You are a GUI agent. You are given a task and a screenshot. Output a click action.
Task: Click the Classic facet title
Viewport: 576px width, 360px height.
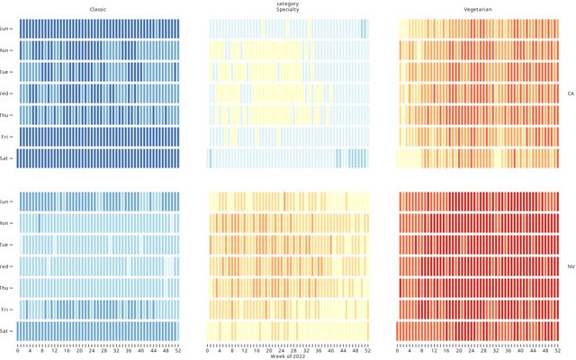97,9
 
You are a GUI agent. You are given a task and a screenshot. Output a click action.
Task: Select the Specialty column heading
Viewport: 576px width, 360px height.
288,9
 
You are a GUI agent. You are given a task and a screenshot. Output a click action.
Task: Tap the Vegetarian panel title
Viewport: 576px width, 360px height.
478,9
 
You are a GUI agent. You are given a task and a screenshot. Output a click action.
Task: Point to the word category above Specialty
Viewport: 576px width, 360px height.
288,4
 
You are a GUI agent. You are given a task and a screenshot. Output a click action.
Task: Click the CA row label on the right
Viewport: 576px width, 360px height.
570,93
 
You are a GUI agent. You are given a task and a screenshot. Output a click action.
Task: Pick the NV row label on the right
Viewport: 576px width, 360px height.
570,266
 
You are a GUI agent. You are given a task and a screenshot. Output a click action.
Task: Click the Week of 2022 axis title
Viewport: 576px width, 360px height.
288,357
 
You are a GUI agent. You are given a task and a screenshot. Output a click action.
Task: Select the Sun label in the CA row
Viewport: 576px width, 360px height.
6,28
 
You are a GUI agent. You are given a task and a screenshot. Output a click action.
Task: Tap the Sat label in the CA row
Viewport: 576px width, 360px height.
6,157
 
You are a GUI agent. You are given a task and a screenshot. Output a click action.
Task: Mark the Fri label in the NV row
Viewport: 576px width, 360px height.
6,310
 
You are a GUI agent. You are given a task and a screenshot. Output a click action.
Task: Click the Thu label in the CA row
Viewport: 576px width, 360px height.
6,114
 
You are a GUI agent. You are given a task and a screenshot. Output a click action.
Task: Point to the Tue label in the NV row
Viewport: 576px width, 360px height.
6,245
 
